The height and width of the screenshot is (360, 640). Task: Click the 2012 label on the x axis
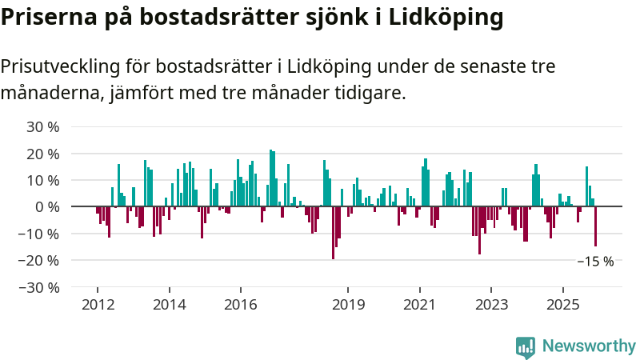tap(97, 305)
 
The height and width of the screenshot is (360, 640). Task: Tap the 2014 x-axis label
tap(169, 305)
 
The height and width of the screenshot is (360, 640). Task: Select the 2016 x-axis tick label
tap(240, 305)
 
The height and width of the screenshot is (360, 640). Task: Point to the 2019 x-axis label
tap(348, 305)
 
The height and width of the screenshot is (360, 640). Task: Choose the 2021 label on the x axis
tap(419, 305)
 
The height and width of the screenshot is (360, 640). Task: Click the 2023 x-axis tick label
tap(491, 305)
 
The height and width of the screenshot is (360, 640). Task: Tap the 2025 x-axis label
tap(562, 305)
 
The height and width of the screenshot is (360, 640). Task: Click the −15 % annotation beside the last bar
tap(595, 262)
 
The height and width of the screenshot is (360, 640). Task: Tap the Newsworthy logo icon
tap(526, 346)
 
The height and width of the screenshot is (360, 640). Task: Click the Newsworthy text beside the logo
tap(589, 346)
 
